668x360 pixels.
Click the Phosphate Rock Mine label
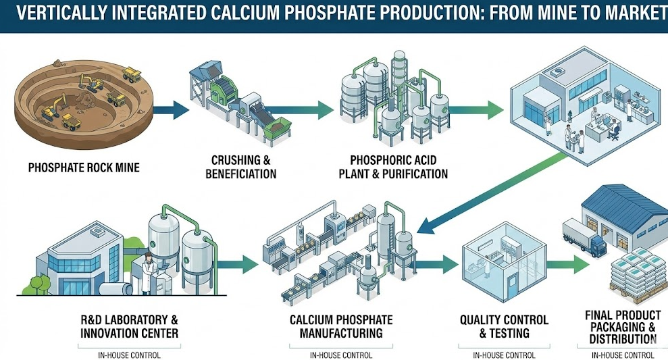[84, 167]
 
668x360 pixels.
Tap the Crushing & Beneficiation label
[244, 167]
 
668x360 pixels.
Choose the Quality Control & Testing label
[504, 326]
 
